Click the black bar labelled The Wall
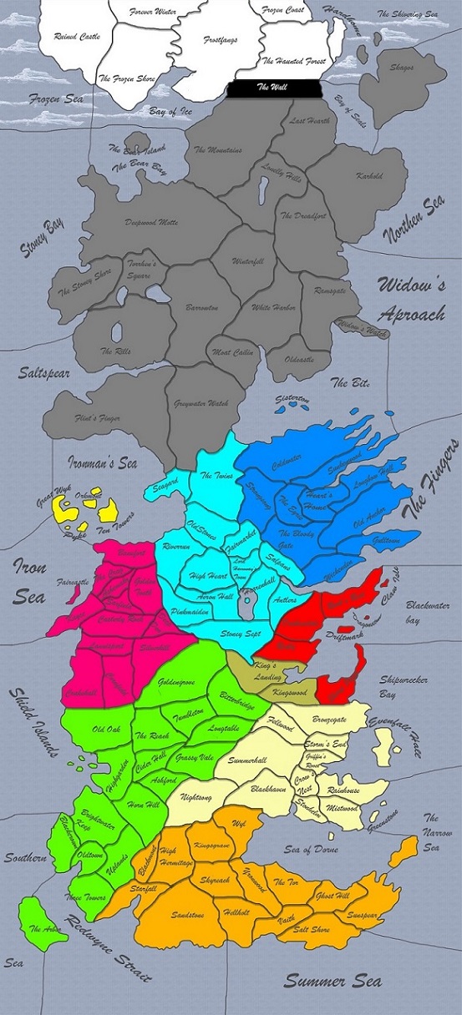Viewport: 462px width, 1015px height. tap(275, 87)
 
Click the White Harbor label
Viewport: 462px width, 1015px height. tap(272, 306)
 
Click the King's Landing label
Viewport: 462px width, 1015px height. tap(248, 665)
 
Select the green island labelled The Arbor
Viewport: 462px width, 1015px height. tap(44, 928)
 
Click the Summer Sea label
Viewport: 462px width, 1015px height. tap(333, 982)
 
